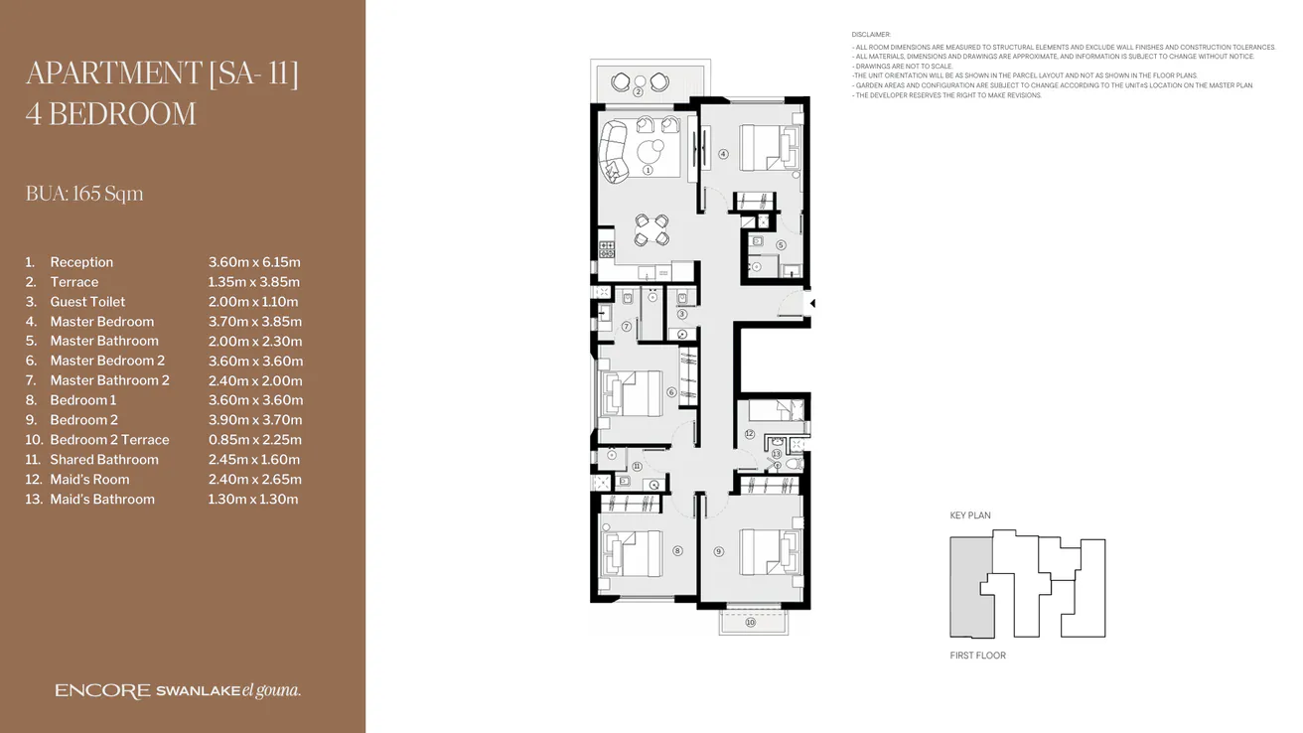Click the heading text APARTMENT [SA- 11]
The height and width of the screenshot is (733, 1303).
coord(162,74)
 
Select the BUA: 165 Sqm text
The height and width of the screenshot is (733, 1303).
coord(84,194)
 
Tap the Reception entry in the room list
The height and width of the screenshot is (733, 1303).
coord(81,262)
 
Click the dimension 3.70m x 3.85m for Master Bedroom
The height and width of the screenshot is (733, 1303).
coord(255,322)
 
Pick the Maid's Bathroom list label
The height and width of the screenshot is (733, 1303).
coord(102,500)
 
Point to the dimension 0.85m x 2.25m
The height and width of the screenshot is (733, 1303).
coord(254,440)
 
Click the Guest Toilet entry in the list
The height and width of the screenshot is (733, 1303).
coord(87,302)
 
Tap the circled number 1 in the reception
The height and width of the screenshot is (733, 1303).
coord(648,170)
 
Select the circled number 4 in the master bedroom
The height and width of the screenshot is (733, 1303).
coord(724,154)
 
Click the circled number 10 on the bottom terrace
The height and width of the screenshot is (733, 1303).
coord(751,623)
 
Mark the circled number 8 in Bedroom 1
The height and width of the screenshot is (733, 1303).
coord(678,551)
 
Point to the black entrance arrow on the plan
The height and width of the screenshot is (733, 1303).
coord(811,303)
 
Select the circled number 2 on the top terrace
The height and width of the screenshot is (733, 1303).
coord(639,91)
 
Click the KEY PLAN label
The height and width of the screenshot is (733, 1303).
coord(970,515)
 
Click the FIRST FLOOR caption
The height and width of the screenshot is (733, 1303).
coord(978,656)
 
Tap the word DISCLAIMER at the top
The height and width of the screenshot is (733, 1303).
coord(872,35)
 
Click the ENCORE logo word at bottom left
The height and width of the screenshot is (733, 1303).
coord(102,691)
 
